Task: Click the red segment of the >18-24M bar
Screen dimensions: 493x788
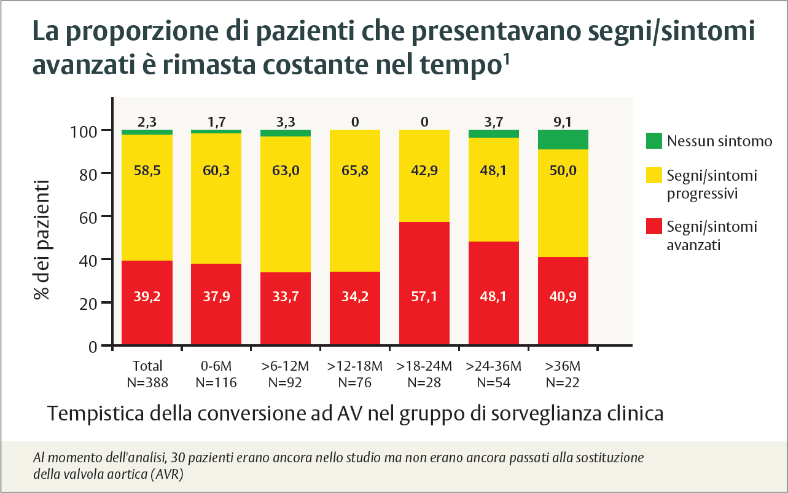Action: pyautogui.click(x=424, y=283)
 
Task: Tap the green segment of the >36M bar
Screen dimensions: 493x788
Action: pyautogui.click(x=563, y=140)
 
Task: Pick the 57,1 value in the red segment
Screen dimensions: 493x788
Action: pyautogui.click(x=424, y=296)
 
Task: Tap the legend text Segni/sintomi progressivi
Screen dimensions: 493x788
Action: pyautogui.click(x=712, y=184)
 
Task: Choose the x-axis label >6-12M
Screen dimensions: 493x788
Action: pyautogui.click(x=286, y=366)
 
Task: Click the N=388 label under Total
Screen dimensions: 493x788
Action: pyautogui.click(x=147, y=382)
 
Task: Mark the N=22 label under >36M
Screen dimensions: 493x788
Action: pyautogui.click(x=563, y=382)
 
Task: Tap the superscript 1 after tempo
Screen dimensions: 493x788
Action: pyautogui.click(x=507, y=59)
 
